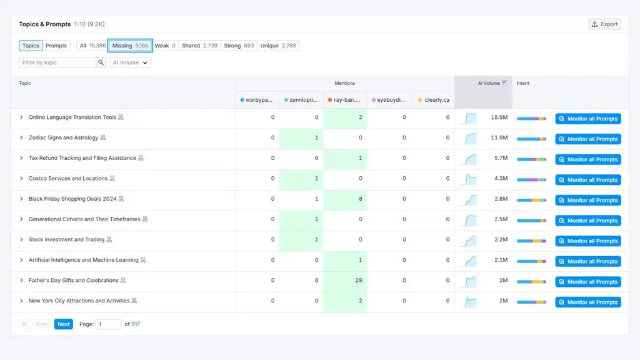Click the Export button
[x=604, y=24]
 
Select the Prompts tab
[x=56, y=46]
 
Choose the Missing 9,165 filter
[x=130, y=46]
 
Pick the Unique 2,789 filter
[x=278, y=46]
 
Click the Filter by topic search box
[x=57, y=62]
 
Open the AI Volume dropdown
[x=130, y=62]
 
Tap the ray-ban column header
[x=344, y=100]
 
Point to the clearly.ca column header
[x=434, y=100]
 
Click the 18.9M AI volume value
[x=499, y=117]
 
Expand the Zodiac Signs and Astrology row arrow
[x=21, y=137]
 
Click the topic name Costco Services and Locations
[x=68, y=178]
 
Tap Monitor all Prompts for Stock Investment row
[x=588, y=241]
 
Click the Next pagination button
[x=64, y=324]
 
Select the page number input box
[x=108, y=324]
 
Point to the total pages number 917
[x=136, y=324]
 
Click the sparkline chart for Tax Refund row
[x=469, y=159]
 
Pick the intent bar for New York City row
[x=531, y=302]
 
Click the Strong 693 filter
[x=239, y=46]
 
